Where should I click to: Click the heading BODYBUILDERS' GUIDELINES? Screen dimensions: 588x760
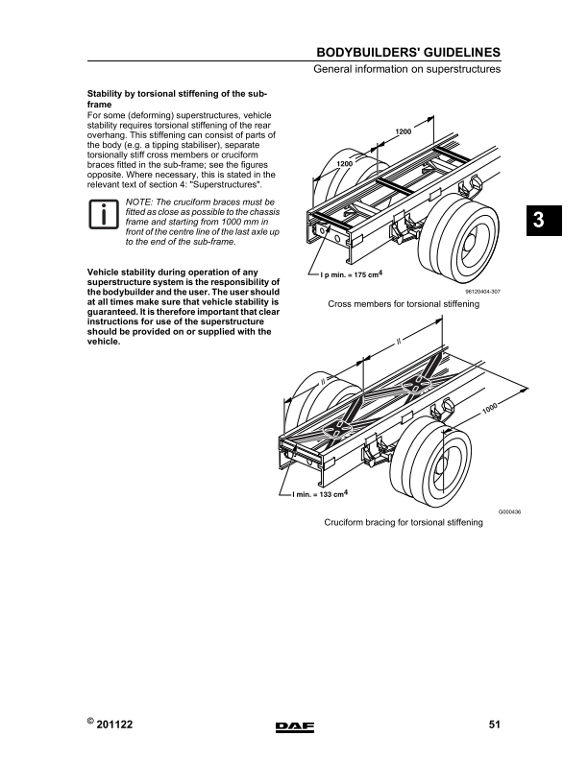pyautogui.click(x=408, y=53)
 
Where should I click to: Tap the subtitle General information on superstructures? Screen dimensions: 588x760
pyautogui.click(x=406, y=69)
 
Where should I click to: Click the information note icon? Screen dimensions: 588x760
pyautogui.click(x=104, y=214)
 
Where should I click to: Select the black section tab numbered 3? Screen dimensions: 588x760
pyautogui.click(x=544, y=221)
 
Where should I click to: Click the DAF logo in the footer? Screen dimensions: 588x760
pyautogui.click(x=295, y=726)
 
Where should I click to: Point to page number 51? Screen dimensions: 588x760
pyautogui.click(x=495, y=724)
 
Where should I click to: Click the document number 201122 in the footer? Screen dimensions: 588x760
pyautogui.click(x=114, y=724)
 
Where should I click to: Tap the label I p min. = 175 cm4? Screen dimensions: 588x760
pyautogui.click(x=352, y=274)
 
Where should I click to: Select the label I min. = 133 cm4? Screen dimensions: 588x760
pyautogui.click(x=320, y=494)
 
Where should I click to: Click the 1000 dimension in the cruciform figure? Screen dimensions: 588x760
pyautogui.click(x=490, y=409)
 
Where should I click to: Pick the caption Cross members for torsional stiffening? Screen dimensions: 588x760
pyautogui.click(x=404, y=304)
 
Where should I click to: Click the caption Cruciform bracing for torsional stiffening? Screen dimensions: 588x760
pyautogui.click(x=404, y=522)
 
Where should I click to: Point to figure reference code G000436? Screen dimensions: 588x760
pyautogui.click(x=509, y=511)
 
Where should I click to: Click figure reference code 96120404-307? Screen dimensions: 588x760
pyautogui.click(x=482, y=292)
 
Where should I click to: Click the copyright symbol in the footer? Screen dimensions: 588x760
pyautogui.click(x=90, y=721)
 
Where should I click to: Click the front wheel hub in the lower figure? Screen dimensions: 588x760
pyautogui.click(x=442, y=466)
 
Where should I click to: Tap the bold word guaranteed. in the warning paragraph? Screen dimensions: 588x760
pyautogui.click(x=112, y=312)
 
